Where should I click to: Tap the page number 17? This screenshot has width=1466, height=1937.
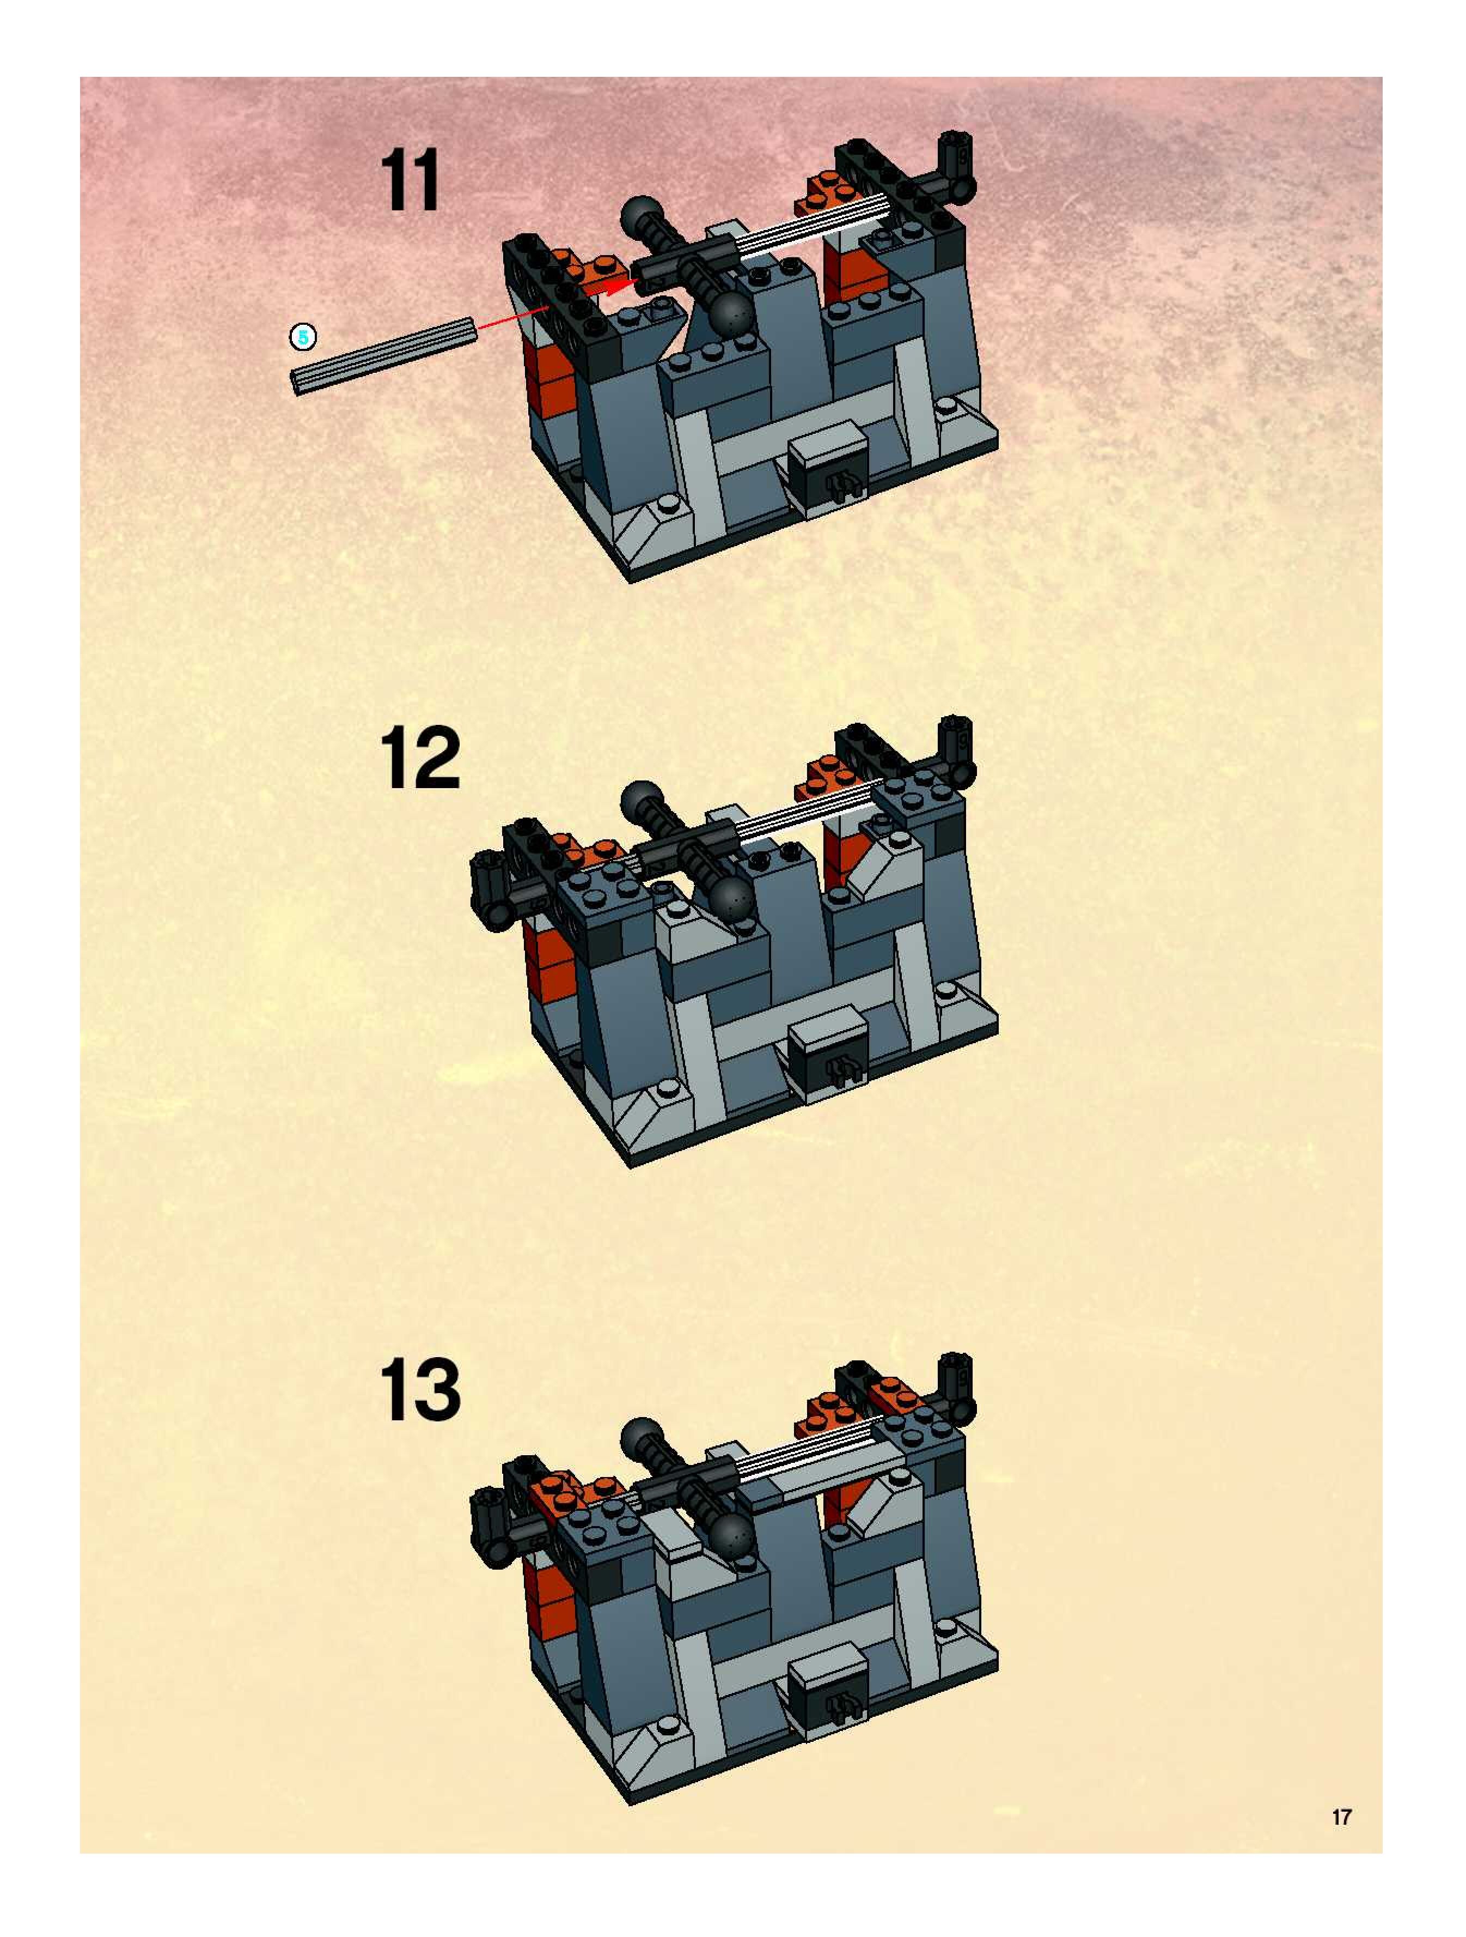coord(1341,1817)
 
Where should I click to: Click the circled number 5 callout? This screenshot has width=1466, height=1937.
coord(303,336)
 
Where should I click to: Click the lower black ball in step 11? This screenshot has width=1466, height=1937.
coord(732,313)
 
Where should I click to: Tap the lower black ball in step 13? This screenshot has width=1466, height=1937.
coord(732,1535)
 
